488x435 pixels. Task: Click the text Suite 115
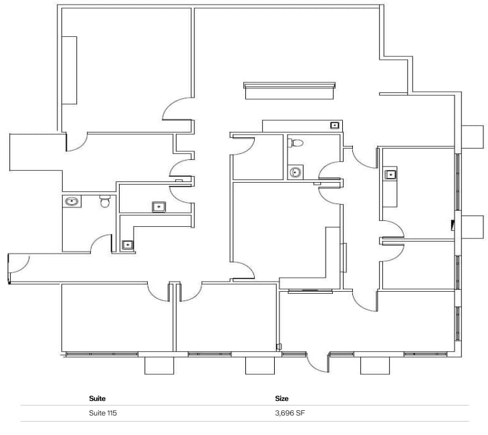click(x=102, y=414)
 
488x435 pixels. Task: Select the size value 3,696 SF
click(x=290, y=414)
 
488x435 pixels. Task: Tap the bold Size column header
click(x=281, y=399)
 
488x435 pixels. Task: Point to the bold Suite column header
click(x=97, y=399)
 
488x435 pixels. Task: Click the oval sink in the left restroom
click(x=72, y=200)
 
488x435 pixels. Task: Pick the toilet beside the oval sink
click(x=104, y=201)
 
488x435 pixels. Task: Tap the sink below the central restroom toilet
click(x=295, y=172)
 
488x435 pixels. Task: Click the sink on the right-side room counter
click(x=390, y=175)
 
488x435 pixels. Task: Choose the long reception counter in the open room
click(x=289, y=90)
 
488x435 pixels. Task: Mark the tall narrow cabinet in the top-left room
click(x=70, y=70)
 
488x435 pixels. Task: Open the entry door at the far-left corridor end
click(x=19, y=266)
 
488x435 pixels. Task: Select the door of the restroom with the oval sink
click(x=102, y=244)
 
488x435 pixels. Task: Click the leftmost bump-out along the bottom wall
click(x=159, y=365)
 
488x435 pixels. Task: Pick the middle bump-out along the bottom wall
click(x=260, y=365)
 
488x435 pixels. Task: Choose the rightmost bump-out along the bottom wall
click(x=374, y=365)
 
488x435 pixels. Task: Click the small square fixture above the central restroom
click(x=335, y=124)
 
